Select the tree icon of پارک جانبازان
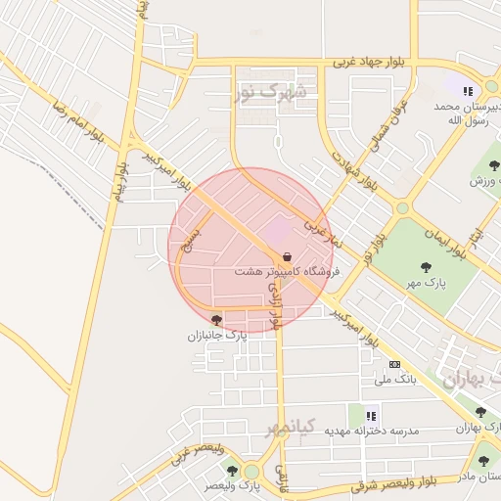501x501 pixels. [x=216, y=319]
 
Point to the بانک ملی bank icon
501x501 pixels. [x=394, y=364]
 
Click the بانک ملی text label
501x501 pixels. [x=396, y=379]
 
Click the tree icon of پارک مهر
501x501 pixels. [x=426, y=266]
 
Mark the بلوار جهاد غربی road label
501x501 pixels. [x=375, y=61]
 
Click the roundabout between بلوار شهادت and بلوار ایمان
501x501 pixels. [x=401, y=207]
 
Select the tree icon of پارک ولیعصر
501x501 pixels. [x=232, y=471]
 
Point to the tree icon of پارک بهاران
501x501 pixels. [x=479, y=412]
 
